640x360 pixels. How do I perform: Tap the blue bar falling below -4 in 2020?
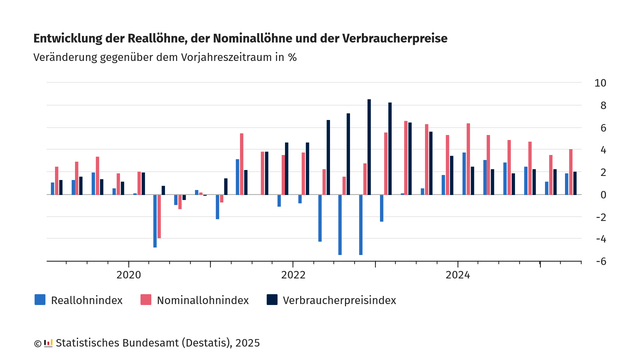click(155, 220)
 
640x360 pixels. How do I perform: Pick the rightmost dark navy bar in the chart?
click(575, 183)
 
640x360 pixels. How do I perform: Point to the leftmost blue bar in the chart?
click(53, 188)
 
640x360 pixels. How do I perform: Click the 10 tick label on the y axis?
click(600, 82)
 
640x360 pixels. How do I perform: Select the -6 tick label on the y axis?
click(600, 261)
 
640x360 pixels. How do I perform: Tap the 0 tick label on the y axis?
click(603, 194)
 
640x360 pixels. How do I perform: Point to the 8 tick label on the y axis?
click(603, 105)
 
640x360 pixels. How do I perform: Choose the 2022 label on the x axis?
click(293, 274)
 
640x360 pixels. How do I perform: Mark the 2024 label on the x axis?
click(458, 274)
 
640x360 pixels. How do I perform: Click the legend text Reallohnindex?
click(88, 299)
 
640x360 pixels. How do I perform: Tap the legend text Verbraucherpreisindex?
click(340, 299)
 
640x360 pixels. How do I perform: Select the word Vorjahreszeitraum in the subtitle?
click(228, 57)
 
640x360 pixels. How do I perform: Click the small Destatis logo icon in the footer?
click(48, 343)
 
